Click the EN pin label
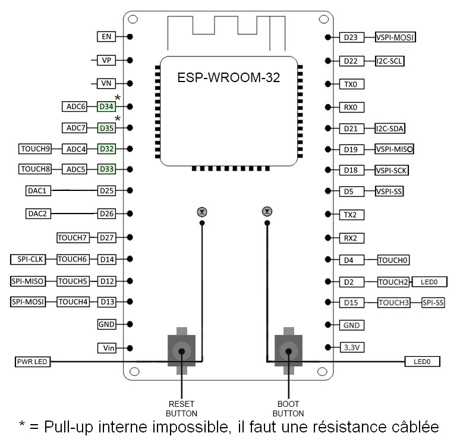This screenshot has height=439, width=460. (106, 37)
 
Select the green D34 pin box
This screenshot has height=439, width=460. (106, 107)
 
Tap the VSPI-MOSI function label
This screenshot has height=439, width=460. (395, 37)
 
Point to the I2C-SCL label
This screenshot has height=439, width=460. (390, 61)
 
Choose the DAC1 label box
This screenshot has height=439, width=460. (40, 191)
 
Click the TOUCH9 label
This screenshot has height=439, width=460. (36, 148)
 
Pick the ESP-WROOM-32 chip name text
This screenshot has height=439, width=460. (229, 77)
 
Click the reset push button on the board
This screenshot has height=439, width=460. (181, 351)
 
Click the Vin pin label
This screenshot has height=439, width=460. (106, 347)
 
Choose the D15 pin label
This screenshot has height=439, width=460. (351, 303)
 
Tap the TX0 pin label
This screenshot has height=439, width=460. (351, 84)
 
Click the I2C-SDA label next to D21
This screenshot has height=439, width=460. (390, 128)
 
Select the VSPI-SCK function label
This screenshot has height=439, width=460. (392, 171)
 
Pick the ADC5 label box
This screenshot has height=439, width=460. (77, 170)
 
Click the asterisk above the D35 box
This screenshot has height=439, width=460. (118, 120)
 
